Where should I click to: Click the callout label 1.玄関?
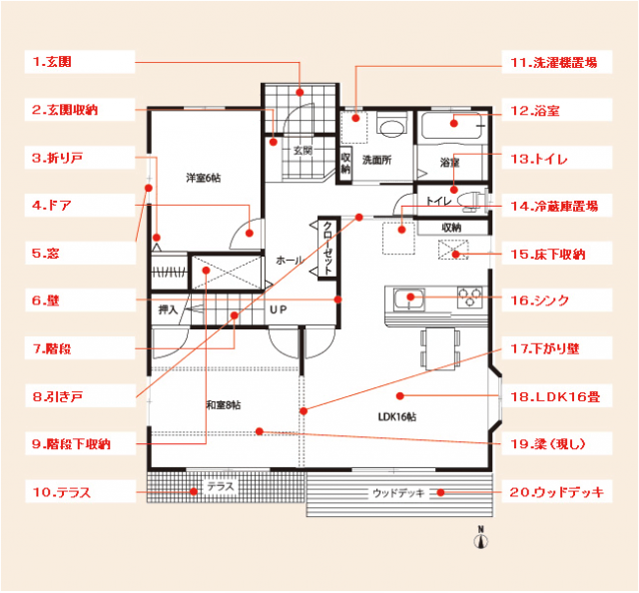tap(52, 62)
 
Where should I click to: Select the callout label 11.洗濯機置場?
tap(554, 62)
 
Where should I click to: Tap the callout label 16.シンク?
tap(539, 300)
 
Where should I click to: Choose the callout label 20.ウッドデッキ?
tap(557, 492)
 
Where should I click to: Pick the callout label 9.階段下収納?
tap(71, 443)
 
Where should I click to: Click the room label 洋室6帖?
tap(204, 178)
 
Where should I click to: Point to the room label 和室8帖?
tap(224, 404)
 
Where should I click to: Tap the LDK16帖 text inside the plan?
tap(397, 417)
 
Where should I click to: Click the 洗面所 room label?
tap(377, 160)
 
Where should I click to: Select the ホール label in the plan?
tap(290, 260)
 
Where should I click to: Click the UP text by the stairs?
tap(279, 309)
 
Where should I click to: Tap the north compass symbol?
tap(481, 537)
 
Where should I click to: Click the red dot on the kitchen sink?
tap(410, 296)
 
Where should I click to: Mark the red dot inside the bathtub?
tap(453, 123)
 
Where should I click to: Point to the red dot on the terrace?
tap(194, 491)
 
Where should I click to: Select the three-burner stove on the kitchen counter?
tap(470, 296)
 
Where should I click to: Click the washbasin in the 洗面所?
tap(392, 125)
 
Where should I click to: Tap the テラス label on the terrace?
tap(221, 486)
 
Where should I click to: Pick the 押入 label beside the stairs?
tap(168, 309)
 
